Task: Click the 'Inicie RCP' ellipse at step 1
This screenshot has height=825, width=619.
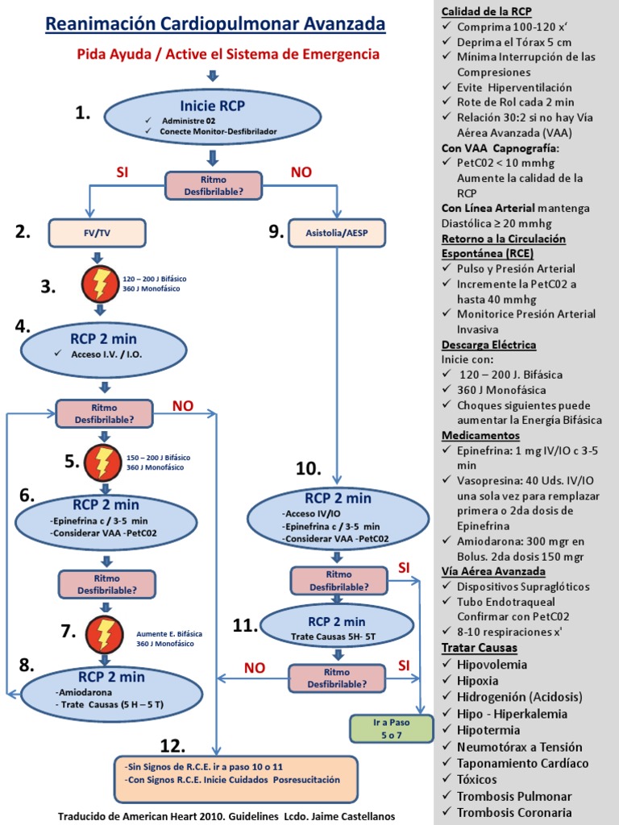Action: click(213, 115)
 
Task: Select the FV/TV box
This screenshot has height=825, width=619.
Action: click(97, 232)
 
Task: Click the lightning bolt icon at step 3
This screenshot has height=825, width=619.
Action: click(101, 284)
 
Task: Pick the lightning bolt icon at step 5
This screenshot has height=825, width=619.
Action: click(104, 462)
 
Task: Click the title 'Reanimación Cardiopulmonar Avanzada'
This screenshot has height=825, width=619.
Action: click(215, 25)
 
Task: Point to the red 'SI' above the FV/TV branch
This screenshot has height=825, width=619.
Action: click(123, 172)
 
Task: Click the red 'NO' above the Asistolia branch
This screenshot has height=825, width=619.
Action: click(301, 172)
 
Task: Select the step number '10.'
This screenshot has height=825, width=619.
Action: click(308, 469)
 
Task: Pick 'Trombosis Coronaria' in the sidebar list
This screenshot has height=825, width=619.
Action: click(514, 812)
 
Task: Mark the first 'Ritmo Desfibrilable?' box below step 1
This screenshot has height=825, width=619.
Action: click(214, 185)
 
